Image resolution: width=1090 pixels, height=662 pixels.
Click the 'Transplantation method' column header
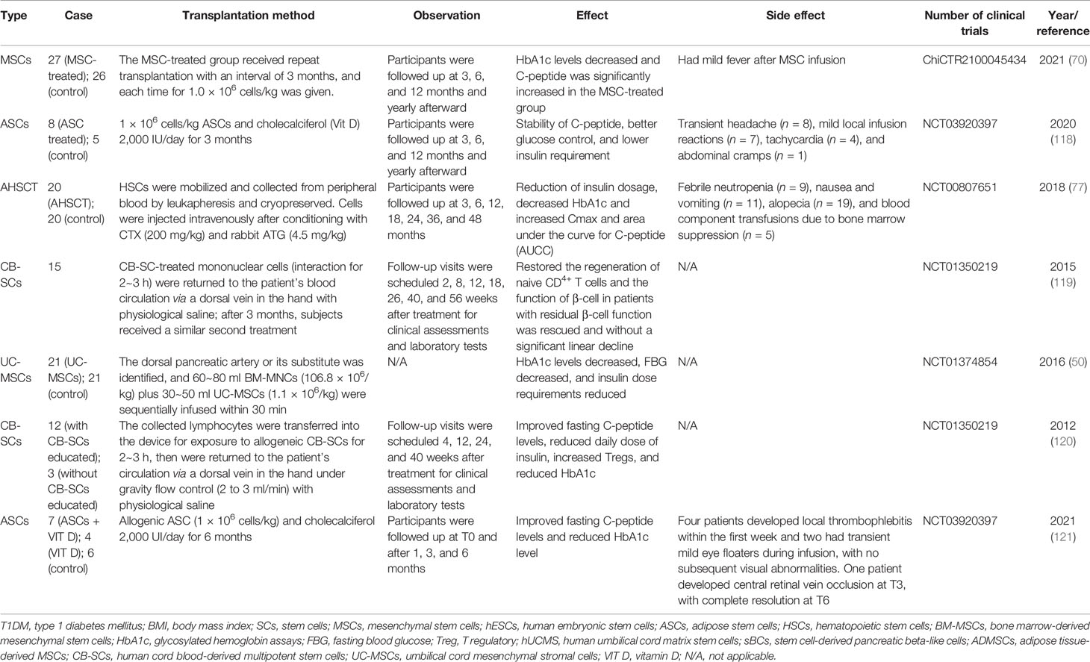[x=248, y=15]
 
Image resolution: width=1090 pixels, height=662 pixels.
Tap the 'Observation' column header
[x=446, y=15]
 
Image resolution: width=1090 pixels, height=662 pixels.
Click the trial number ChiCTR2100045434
[x=974, y=60]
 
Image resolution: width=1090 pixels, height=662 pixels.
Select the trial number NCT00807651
[x=959, y=187]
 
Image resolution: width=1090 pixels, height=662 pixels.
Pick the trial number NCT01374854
[x=959, y=362]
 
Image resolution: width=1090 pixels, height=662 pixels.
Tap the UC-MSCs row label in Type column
[x=16, y=369]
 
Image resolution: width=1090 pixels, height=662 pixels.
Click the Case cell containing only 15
[x=54, y=266]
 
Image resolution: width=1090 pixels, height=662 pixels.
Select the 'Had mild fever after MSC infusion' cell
[x=762, y=60]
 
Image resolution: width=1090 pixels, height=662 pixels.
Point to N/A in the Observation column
[x=399, y=362]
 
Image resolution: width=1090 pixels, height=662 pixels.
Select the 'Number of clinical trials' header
[x=974, y=22]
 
